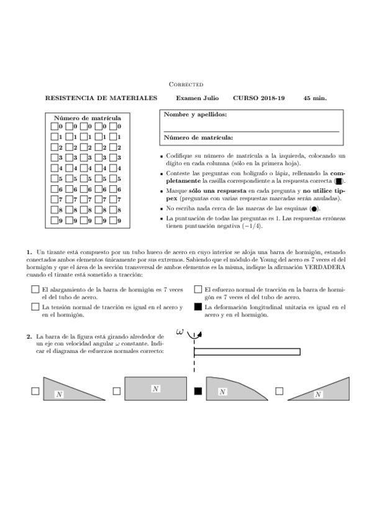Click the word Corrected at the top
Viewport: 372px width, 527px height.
[x=186, y=84]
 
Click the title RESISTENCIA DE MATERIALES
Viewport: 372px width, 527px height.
[x=101, y=98]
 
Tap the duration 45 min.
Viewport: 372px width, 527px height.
[x=315, y=98]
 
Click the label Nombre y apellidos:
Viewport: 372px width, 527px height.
[x=194, y=114]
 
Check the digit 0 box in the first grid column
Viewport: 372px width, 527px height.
[x=54, y=126]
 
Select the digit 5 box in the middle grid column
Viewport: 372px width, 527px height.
[x=83, y=178]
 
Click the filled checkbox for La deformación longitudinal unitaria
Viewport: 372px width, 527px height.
[x=198, y=307]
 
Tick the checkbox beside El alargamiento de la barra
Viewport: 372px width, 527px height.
[x=35, y=290]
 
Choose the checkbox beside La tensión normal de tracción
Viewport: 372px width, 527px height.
[x=35, y=307]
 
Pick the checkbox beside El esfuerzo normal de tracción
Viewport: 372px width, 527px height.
[x=198, y=290]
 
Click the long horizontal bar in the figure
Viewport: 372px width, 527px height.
[x=247, y=352]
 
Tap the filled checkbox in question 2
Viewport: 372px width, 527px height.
[x=198, y=391]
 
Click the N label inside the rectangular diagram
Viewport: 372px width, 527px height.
[x=155, y=388]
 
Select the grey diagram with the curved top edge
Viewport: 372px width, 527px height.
[x=236, y=388]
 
